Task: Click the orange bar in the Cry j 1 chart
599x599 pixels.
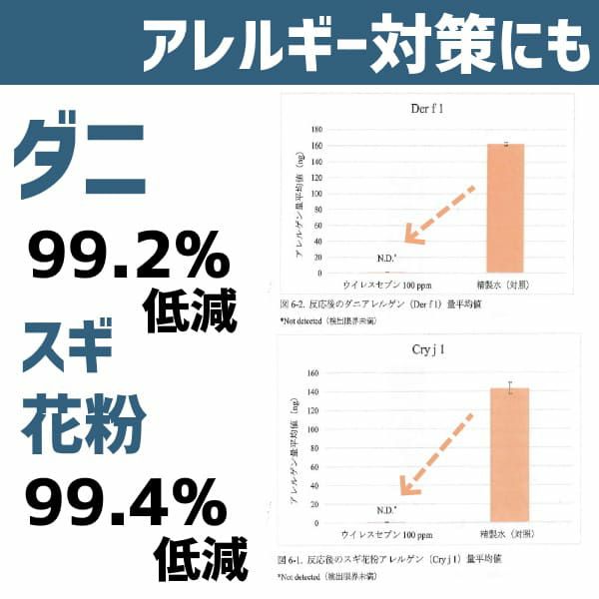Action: (509, 454)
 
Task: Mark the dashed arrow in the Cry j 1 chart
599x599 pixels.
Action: (435, 453)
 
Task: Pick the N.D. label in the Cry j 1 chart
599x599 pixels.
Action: (387, 509)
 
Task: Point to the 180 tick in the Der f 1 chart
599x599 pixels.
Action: (316, 129)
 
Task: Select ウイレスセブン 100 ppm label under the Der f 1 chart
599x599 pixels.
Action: (387, 285)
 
